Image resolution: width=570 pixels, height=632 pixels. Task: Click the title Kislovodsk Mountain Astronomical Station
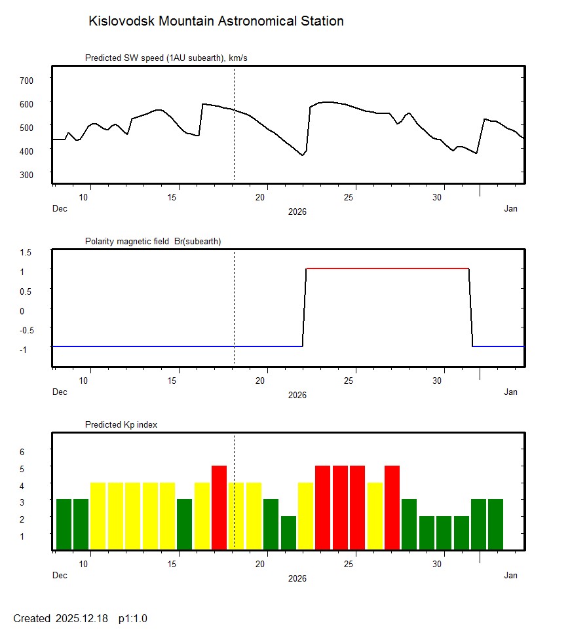coord(216,21)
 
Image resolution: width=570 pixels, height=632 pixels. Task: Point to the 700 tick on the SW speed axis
coord(26,80)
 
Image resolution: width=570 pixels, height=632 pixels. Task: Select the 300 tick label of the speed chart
coord(26,174)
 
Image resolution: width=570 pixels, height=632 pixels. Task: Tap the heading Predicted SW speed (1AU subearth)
coord(166,58)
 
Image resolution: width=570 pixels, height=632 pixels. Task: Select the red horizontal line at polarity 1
coord(387,269)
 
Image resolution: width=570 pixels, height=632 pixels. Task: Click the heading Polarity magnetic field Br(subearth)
coord(153,242)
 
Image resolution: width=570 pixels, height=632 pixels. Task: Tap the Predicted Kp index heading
coord(121,425)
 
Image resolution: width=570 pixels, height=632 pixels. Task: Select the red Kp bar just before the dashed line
coord(219,508)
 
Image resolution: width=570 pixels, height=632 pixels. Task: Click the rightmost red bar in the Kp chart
coord(392,508)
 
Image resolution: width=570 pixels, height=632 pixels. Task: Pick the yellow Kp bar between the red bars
coord(375,516)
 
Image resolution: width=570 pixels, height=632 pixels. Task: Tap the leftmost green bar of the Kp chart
coord(64,525)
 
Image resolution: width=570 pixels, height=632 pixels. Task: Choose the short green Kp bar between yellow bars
coord(288,533)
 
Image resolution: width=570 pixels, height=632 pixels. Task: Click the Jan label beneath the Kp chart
coord(510,576)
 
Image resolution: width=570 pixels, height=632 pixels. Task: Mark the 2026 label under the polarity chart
coord(297,395)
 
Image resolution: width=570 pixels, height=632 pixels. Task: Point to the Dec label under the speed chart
coord(60,209)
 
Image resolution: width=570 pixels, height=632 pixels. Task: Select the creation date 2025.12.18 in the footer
coord(82,619)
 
